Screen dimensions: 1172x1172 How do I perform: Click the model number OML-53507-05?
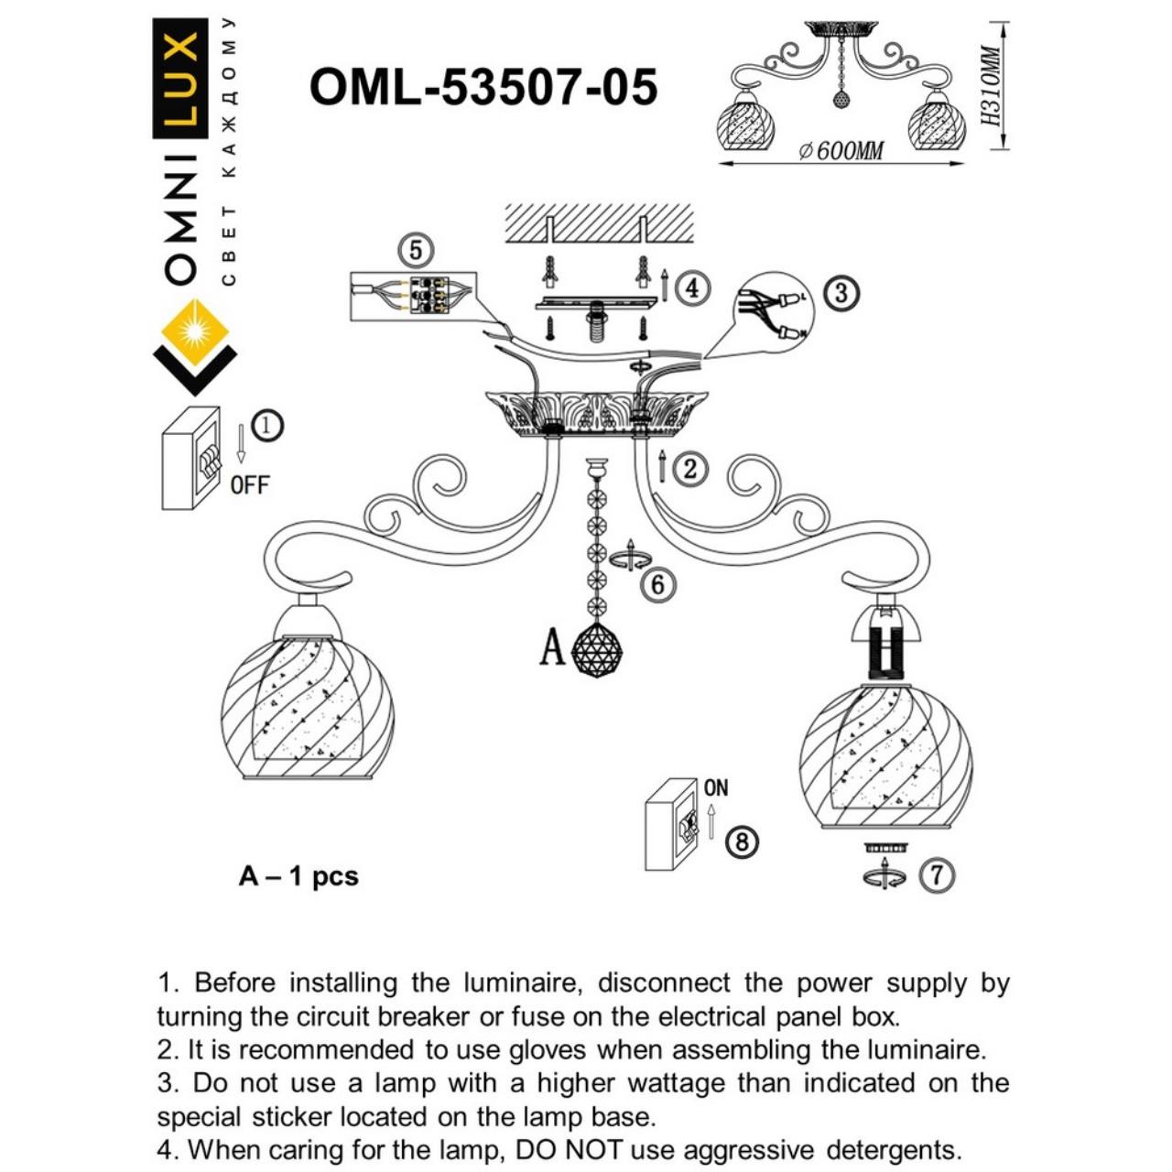tap(483, 88)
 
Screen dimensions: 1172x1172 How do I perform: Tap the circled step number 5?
tap(416, 250)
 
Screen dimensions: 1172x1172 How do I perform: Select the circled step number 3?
tap(841, 293)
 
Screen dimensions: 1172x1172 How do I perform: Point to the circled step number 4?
tap(692, 288)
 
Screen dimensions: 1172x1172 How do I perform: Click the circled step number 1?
tap(267, 426)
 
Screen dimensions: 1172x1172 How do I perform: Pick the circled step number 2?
tap(690, 469)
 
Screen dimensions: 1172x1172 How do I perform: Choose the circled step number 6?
tap(658, 584)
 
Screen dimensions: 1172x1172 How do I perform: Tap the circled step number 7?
tap(936, 875)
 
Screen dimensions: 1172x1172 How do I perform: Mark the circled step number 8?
tap(742, 841)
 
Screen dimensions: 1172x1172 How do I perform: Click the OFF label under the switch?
tap(250, 485)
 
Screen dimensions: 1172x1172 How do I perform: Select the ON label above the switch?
tap(716, 787)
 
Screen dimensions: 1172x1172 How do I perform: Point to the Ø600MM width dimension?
tap(841, 150)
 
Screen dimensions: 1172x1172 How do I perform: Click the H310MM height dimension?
tap(989, 86)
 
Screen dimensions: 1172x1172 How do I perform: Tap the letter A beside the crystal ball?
tap(552, 648)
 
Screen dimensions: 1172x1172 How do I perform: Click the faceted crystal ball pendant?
tap(596, 650)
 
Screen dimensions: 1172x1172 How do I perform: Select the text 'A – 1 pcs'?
tap(298, 876)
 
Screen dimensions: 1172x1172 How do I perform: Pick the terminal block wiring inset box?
tap(414, 296)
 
